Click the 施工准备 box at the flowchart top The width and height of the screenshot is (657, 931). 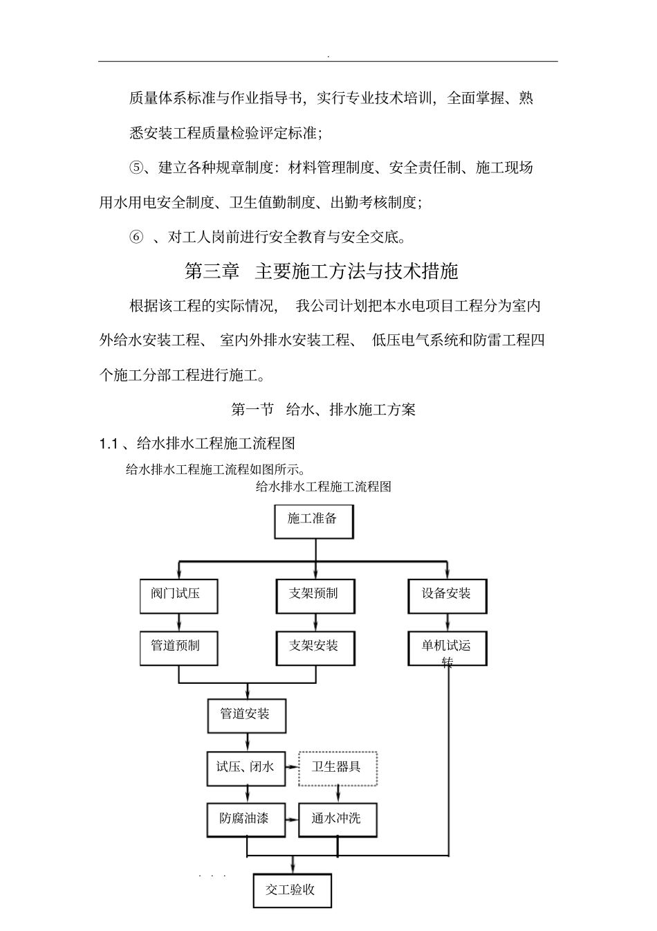313,521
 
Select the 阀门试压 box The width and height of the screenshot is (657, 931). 178,595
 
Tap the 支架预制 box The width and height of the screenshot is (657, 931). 316,595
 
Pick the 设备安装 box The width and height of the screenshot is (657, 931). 447,595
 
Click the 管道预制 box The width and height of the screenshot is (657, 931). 178,647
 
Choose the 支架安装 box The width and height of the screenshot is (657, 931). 316,647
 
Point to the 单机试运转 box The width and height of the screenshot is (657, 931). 447,649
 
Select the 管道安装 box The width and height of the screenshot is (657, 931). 246,715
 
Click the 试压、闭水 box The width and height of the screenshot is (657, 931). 246,768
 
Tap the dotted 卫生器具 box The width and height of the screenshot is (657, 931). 337,768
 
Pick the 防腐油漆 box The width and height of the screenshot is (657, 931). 246,820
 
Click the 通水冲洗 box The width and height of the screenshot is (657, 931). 337,820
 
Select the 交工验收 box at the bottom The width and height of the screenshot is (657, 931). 292,891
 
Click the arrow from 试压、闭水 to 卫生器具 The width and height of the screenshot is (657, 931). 292,768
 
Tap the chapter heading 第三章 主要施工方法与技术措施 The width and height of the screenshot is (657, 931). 322,271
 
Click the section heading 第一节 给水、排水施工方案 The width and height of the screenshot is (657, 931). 323,409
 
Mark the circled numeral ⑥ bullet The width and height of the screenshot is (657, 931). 136,237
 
